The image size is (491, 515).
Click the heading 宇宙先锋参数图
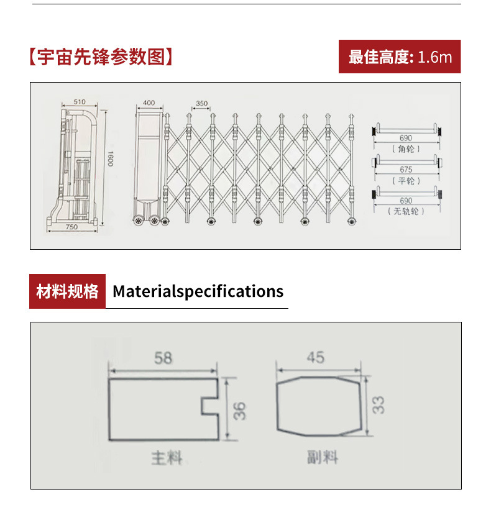pyautogui.click(x=100, y=57)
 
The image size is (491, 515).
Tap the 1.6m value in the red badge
pyautogui.click(x=434, y=57)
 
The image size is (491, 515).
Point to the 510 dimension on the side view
pyautogui.click(x=79, y=101)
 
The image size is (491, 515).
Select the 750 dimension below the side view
pyautogui.click(x=71, y=227)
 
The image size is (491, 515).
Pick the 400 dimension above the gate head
pyautogui.click(x=149, y=103)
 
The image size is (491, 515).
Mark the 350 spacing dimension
pyautogui.click(x=201, y=103)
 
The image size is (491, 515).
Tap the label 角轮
pyautogui.click(x=406, y=149)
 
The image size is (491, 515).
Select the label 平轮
pyautogui.click(x=406, y=180)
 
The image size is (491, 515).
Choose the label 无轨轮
pyautogui.click(x=406, y=211)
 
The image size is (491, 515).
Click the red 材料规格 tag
pyautogui.click(x=67, y=291)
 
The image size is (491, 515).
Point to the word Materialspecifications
pyautogui.click(x=198, y=291)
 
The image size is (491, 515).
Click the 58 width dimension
pyautogui.click(x=163, y=358)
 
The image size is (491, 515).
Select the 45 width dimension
pyautogui.click(x=315, y=358)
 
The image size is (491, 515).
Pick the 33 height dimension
pyautogui.click(x=379, y=404)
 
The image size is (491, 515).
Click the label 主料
pyautogui.click(x=167, y=458)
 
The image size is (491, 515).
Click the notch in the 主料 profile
pyautogui.click(x=210, y=406)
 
